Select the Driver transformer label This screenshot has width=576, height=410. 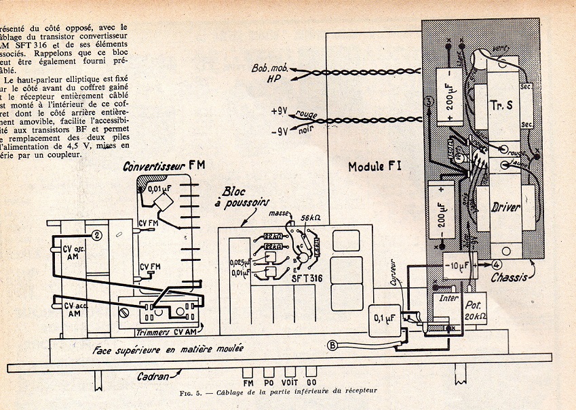(505, 207)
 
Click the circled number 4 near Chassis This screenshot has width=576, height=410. (497, 264)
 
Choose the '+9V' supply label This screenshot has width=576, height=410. (280, 110)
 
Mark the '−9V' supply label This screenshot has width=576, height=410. (280, 132)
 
